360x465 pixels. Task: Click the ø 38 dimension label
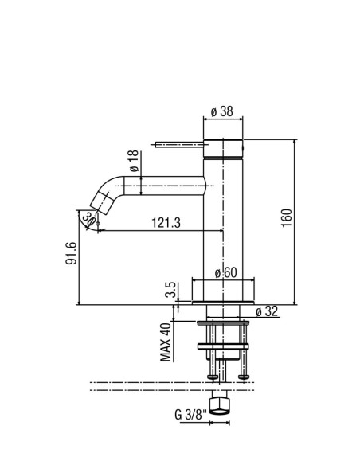[x=221, y=111]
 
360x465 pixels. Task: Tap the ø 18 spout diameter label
[x=134, y=161]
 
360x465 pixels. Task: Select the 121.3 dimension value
[x=166, y=222]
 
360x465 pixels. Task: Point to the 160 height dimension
[x=287, y=217]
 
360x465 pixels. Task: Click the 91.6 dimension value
[x=71, y=253]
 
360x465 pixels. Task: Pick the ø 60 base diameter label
[x=226, y=272]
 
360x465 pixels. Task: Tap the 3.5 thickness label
[x=171, y=290]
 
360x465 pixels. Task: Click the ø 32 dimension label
[x=267, y=311]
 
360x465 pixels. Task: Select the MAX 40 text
[x=166, y=342]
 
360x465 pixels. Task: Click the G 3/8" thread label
[x=190, y=415]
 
